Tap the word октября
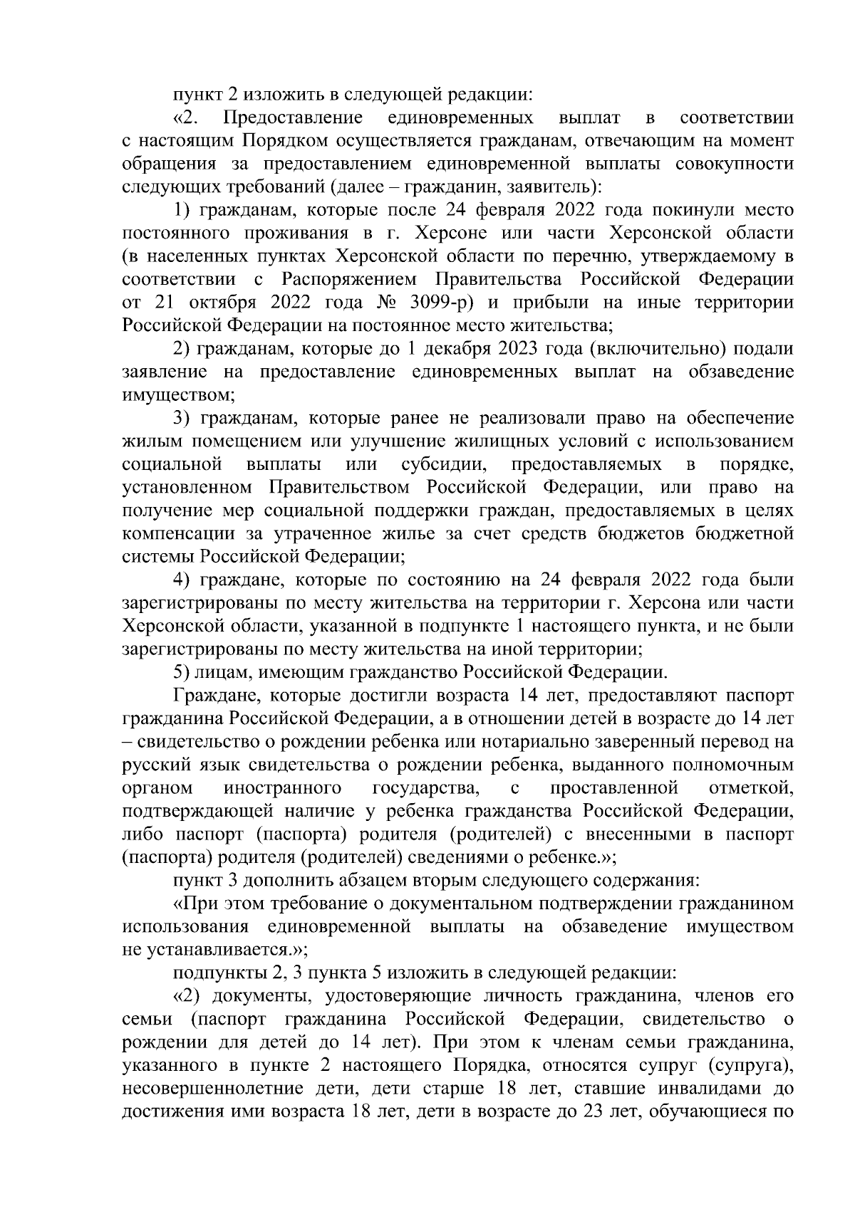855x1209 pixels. pos(218,303)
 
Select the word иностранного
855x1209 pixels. pos(281,788)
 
